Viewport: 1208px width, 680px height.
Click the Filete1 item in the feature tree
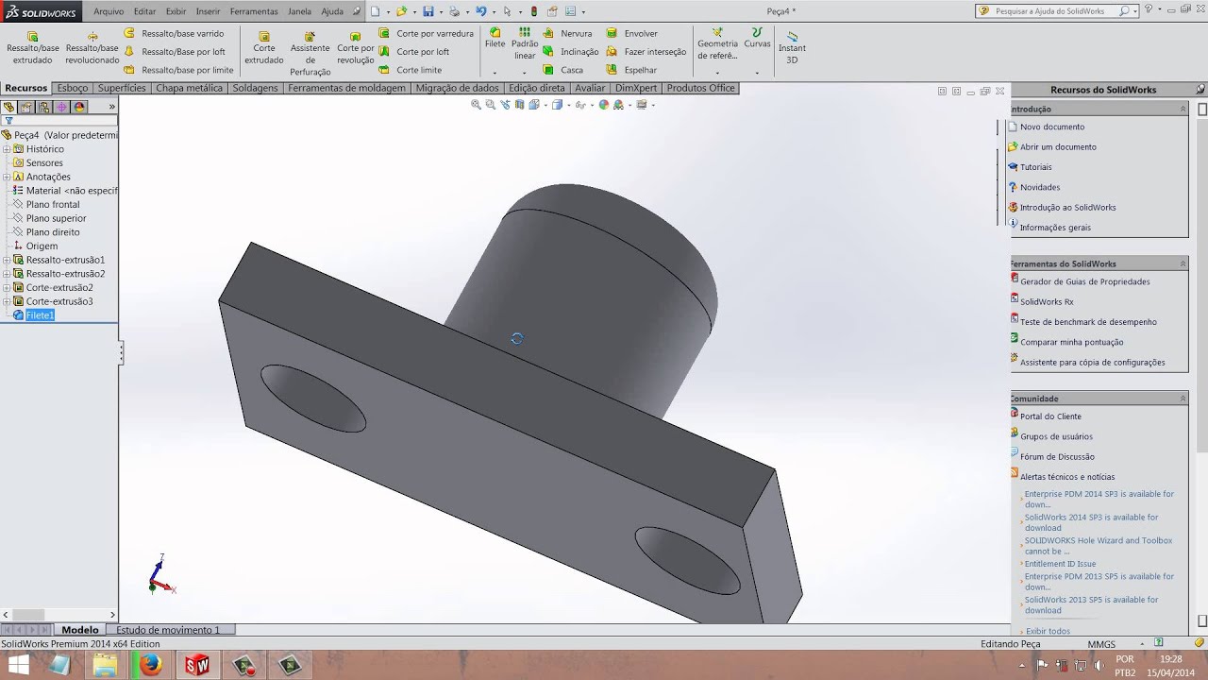point(40,315)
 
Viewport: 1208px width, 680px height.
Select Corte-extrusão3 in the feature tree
point(59,301)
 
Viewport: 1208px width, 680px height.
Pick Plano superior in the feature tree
point(56,218)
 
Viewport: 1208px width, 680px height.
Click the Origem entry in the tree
point(42,246)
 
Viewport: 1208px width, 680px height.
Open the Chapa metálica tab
point(189,88)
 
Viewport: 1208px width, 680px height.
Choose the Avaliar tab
point(590,88)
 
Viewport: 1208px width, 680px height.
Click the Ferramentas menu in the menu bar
point(254,11)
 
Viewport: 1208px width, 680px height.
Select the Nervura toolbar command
point(576,33)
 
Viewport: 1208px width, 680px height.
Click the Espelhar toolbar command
point(640,70)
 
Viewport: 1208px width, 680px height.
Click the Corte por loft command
point(422,52)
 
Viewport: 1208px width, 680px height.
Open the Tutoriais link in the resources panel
point(1035,167)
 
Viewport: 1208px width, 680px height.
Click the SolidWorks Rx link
point(1047,302)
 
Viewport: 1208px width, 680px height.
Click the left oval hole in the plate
point(312,399)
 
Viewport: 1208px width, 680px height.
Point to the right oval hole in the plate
point(688,561)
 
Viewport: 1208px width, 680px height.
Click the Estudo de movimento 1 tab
point(167,630)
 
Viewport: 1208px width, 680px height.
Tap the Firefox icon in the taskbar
point(151,665)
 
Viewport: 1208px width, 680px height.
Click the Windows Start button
point(18,665)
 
